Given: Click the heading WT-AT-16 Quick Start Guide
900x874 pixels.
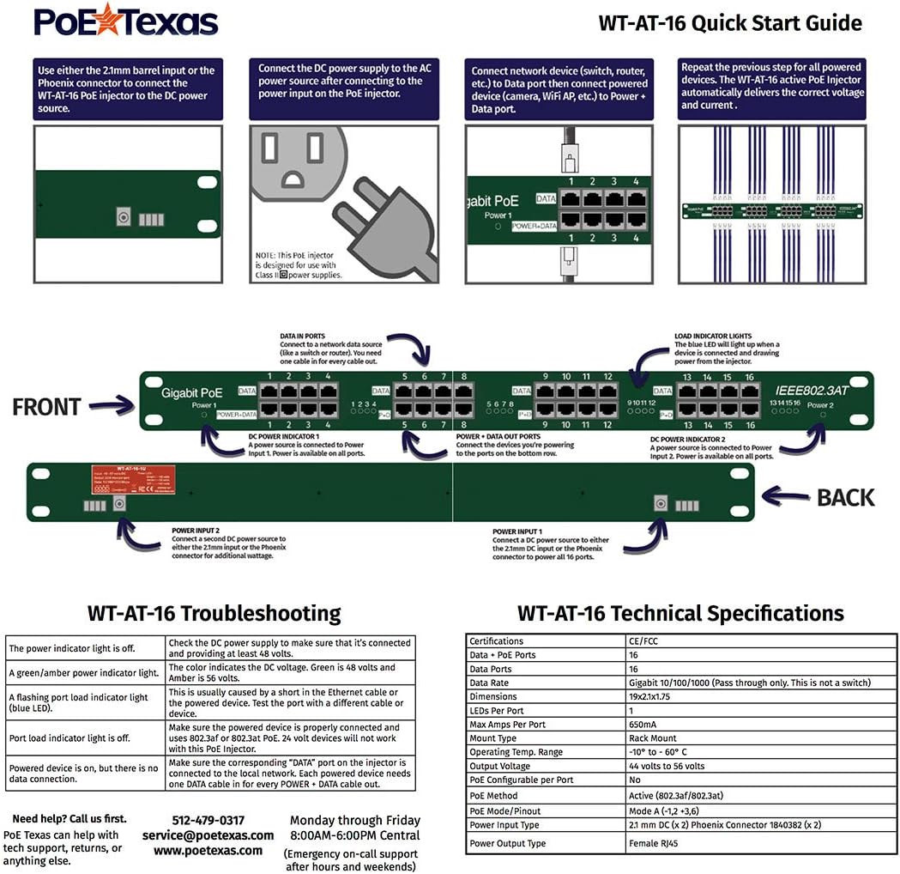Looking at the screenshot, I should pos(729,22).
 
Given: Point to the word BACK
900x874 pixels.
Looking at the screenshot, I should pos(845,497).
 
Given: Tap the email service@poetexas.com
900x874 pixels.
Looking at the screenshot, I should pos(208,835).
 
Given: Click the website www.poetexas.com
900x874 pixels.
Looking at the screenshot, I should pos(208,850).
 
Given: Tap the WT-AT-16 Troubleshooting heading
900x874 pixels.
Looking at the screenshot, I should pos(214,614).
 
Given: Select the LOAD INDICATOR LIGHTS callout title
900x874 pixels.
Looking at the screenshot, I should pos(712,336).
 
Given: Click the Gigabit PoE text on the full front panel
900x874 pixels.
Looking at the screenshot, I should pos(191,393).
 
